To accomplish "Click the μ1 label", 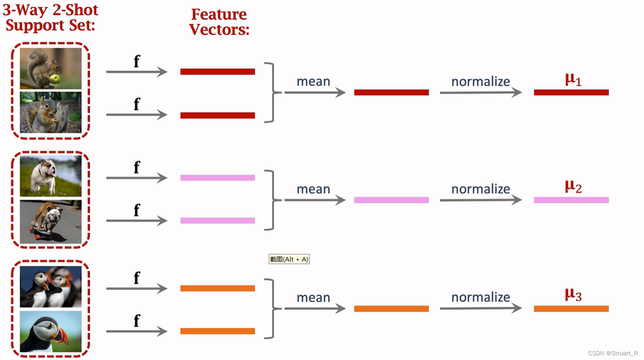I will tap(573, 79).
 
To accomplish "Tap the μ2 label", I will tap(573, 186).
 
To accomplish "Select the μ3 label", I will tap(573, 295).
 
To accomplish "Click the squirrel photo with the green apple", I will tap(51, 68).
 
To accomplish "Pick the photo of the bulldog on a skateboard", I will tap(51, 222).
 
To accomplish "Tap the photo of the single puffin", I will tap(51, 331).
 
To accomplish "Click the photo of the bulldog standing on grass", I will tap(51, 175).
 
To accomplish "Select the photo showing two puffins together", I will tap(51, 286).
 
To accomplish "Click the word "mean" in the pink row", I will tap(313, 189).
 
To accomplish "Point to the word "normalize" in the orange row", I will tap(480, 297).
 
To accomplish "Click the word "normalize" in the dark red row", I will tap(480, 82).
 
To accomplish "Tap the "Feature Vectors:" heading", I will tap(219, 22).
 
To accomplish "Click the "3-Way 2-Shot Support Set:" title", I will tap(50, 17).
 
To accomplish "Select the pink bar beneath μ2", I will tap(571, 200).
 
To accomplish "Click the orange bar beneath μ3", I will tap(571, 309).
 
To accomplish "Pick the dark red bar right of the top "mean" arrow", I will tap(391, 93).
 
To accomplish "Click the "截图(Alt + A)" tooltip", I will tap(289, 259).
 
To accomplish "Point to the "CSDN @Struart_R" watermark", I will tap(613, 353).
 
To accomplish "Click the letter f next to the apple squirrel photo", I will tap(136, 62).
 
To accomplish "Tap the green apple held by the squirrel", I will tap(55, 78).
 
